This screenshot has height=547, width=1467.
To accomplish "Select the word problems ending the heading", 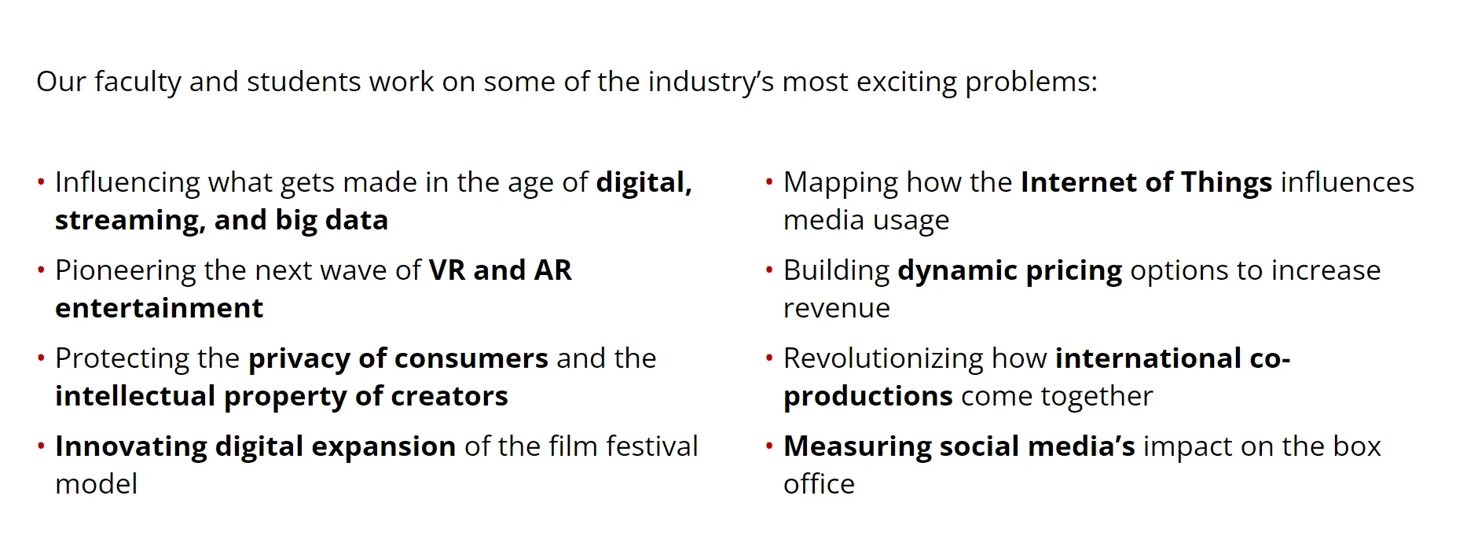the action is pos(1031,83).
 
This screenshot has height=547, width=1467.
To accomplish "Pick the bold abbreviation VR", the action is pos(447,270).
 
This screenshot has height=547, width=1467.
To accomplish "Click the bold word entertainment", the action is pos(160,308).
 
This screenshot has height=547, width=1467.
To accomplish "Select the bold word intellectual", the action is pos(135,396).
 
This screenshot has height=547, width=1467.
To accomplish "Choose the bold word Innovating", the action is pos(130,446).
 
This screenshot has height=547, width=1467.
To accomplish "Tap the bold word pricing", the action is pos(1074,271).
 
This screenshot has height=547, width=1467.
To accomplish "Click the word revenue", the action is pos(837,309).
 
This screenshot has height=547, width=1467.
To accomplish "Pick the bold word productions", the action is pos(868,397).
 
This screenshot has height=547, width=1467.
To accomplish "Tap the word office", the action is pos(819,484).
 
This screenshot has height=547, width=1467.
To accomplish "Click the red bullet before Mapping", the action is pos(769,183).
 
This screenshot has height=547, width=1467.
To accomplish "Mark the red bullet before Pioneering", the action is pos(41,271).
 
